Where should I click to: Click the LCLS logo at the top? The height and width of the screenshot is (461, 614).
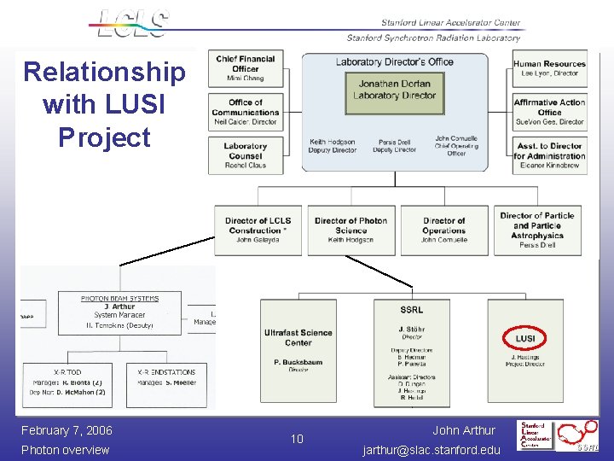pyautogui.click(x=133, y=23)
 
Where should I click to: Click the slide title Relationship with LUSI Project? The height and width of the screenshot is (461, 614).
pyautogui.click(x=104, y=104)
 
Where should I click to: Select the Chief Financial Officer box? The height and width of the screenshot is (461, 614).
pyautogui.click(x=245, y=68)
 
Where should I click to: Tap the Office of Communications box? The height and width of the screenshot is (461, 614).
pyautogui.click(x=245, y=112)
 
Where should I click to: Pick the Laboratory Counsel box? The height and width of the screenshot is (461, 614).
pyautogui.click(x=245, y=155)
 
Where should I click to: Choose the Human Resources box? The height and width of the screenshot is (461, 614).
pyautogui.click(x=549, y=68)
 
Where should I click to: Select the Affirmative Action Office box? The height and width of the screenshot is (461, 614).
pyautogui.click(x=549, y=112)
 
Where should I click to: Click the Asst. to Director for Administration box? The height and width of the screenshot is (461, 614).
pyautogui.click(x=549, y=155)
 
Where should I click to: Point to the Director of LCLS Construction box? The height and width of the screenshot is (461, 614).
pyautogui.click(x=258, y=230)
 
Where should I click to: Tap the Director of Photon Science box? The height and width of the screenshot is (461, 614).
pyautogui.click(x=350, y=230)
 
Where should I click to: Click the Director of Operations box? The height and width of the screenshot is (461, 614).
pyautogui.click(x=443, y=230)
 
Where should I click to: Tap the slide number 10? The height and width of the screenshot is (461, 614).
pyautogui.click(x=297, y=439)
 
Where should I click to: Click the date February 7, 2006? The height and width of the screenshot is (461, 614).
pyautogui.click(x=67, y=430)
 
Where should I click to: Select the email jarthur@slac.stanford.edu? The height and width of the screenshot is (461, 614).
pyautogui.click(x=432, y=449)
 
